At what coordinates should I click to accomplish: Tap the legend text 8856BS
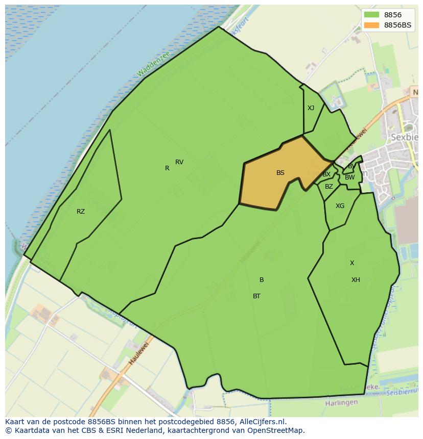click(397, 25)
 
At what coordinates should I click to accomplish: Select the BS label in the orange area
click(280, 173)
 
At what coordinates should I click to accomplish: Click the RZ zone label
click(81, 212)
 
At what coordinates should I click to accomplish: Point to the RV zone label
click(179, 162)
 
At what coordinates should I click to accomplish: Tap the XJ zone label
click(311, 108)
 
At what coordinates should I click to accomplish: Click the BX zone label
click(326, 174)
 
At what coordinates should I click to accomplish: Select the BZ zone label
click(329, 187)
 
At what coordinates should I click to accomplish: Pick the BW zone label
click(349, 177)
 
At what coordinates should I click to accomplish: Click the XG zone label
click(340, 206)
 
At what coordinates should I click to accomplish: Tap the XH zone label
click(356, 280)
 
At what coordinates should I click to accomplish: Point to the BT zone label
click(256, 296)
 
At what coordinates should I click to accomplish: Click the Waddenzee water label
click(153, 65)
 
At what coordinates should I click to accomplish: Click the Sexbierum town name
click(405, 137)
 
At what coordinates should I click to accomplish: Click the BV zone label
click(351, 166)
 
